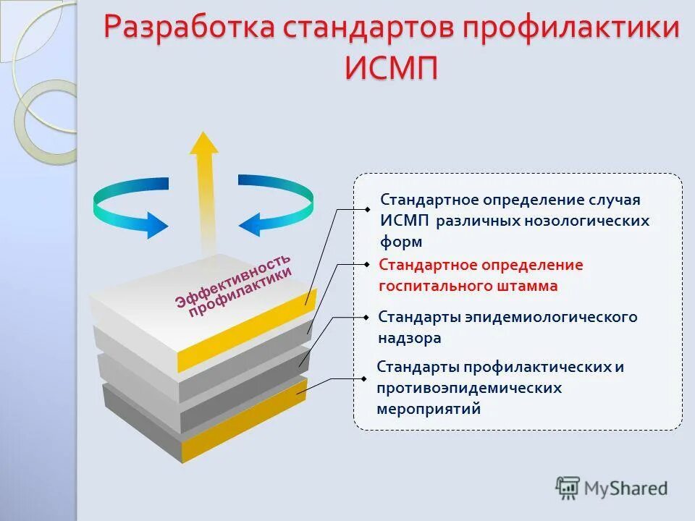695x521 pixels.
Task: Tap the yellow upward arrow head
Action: [204, 145]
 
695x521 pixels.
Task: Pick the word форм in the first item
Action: [401, 242]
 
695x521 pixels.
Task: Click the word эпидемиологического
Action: [551, 317]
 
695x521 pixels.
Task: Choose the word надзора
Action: [409, 338]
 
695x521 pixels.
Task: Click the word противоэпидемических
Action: [469, 388]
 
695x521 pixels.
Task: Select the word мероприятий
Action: [429, 409]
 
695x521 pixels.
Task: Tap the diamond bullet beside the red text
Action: [367, 264]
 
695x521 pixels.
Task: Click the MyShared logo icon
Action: [568, 488]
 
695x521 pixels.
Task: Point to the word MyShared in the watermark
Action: [626, 488]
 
